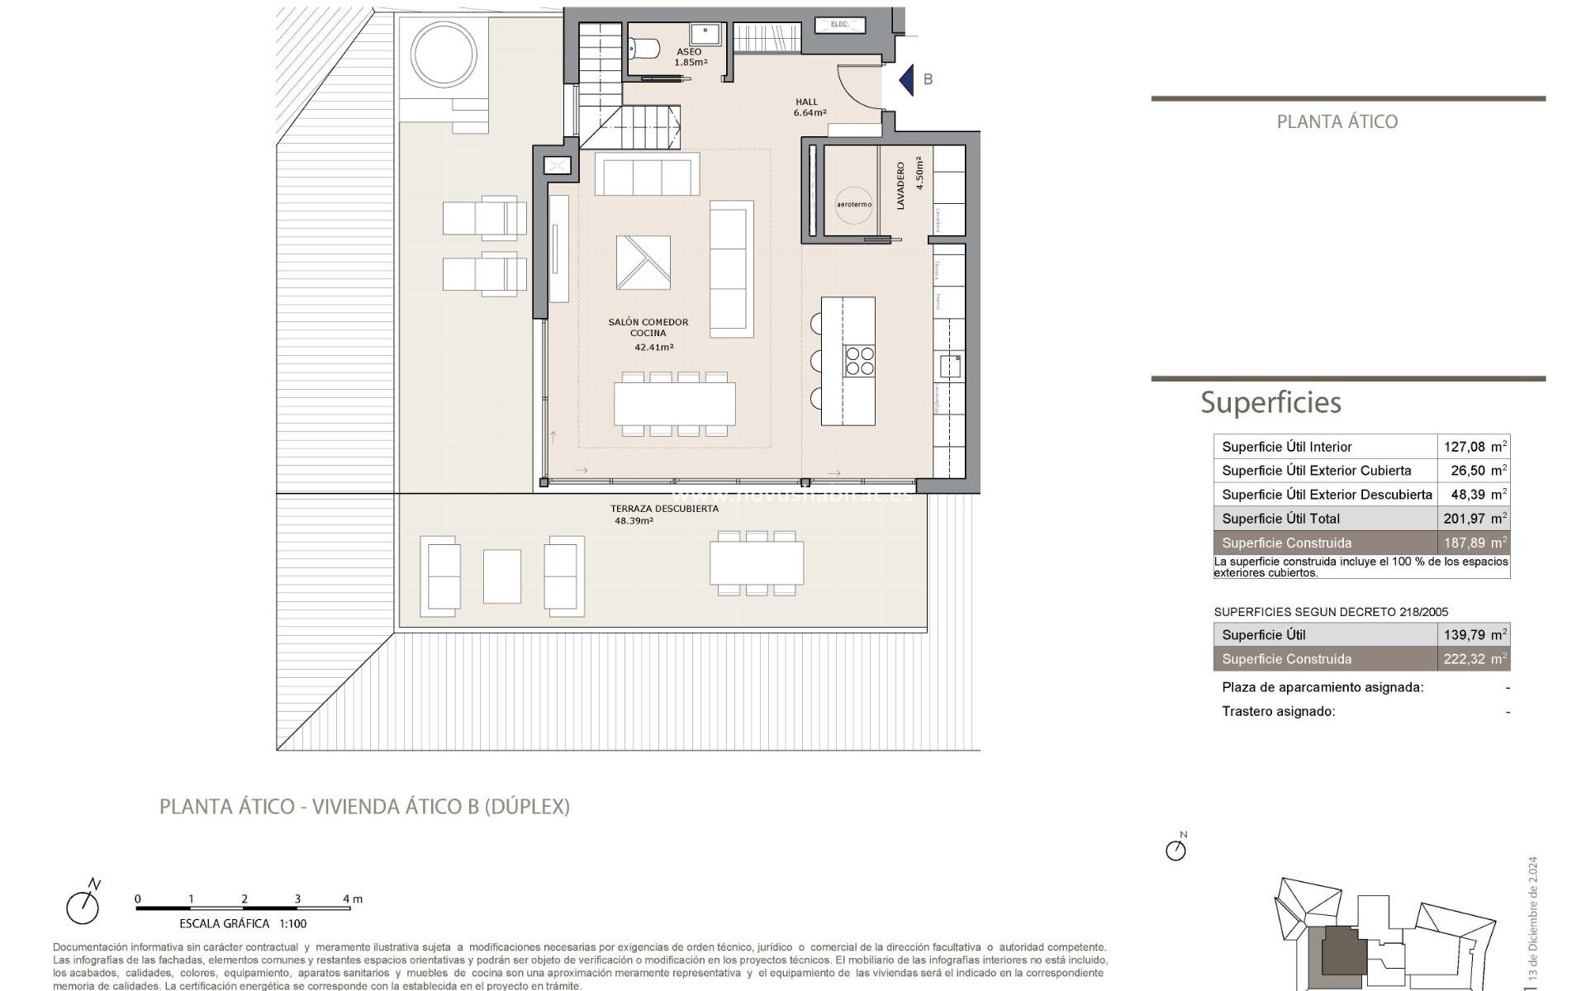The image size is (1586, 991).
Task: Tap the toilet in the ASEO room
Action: point(643,50)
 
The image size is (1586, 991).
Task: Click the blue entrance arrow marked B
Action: point(907,80)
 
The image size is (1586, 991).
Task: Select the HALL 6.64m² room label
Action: point(809,107)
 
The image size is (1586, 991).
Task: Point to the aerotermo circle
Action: point(853,204)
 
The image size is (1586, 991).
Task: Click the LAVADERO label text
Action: point(900,186)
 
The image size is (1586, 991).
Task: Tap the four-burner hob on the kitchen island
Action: point(859,361)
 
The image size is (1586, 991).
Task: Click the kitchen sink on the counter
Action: point(950,365)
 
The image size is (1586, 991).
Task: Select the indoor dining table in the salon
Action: point(674,404)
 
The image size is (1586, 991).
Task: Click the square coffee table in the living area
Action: point(643,263)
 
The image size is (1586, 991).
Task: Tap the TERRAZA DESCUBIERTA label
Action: point(664,509)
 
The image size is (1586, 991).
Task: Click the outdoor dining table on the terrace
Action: point(757,562)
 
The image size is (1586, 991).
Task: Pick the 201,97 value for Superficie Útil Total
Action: point(1464,519)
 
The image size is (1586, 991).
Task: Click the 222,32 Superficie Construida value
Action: point(1464,659)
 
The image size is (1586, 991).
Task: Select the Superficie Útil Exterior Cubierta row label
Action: point(1316,471)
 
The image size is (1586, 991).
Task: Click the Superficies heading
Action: point(1270,402)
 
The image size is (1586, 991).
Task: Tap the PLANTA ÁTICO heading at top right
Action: point(1337,121)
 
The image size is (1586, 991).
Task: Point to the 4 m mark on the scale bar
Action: point(350,900)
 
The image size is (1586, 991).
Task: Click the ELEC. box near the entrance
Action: point(839,25)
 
